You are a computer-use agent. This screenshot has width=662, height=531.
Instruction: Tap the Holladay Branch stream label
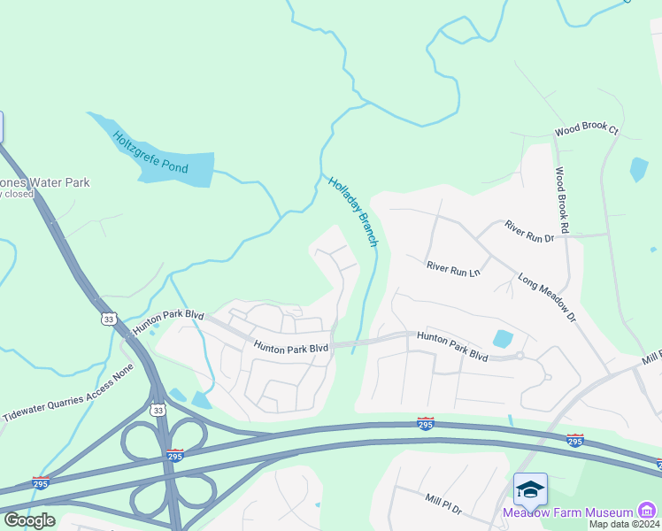(x=354, y=212)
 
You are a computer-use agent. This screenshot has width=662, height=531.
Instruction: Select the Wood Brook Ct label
(x=587, y=130)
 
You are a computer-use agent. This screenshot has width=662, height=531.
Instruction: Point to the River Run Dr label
(x=528, y=232)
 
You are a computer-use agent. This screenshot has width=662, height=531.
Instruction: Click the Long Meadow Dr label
(x=546, y=296)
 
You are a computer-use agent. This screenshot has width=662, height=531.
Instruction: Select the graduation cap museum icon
(x=530, y=489)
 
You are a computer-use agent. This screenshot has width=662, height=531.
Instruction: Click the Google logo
(x=29, y=519)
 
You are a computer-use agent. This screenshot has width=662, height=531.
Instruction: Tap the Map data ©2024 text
(x=625, y=524)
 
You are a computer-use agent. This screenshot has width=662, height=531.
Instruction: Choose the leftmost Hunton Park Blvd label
(x=168, y=322)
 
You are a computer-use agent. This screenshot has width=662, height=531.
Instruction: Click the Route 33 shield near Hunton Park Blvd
(x=108, y=319)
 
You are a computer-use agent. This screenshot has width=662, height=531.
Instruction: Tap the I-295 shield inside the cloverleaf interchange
(x=175, y=455)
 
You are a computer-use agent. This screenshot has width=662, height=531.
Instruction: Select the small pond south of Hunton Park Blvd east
(x=502, y=338)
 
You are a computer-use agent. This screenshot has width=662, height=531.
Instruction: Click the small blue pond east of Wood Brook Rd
(x=639, y=169)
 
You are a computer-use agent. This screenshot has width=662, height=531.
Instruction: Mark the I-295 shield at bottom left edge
(x=41, y=482)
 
